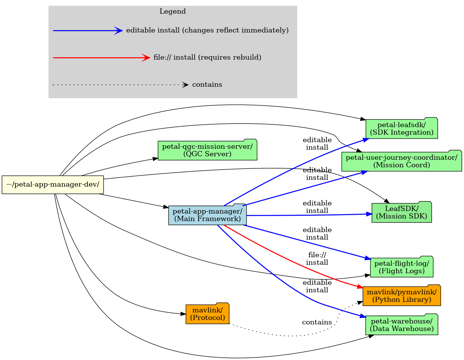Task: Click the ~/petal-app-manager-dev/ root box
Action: pos(53,185)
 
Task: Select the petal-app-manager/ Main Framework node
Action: pos(207,215)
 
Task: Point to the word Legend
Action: pos(173,11)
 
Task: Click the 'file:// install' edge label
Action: pos(317,259)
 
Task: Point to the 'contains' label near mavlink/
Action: pos(317,322)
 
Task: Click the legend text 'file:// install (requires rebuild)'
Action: pos(207,58)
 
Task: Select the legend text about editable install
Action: pos(207,31)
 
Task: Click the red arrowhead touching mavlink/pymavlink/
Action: pos(359,287)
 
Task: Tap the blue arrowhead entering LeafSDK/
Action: pos(369,214)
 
